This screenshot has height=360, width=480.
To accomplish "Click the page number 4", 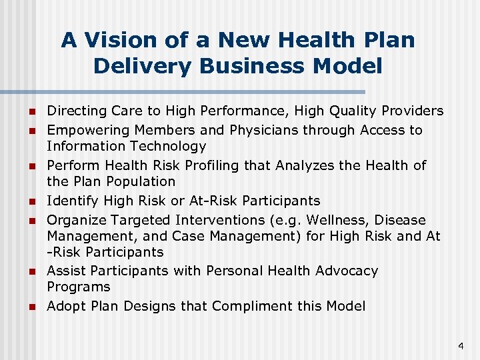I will pyautogui.click(x=461, y=346).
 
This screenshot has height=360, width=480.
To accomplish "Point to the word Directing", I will pyautogui.click(x=75, y=111).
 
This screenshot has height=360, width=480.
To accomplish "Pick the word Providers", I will pyautogui.click(x=409, y=111).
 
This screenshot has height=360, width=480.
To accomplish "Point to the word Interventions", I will pyautogui.click(x=221, y=220).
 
